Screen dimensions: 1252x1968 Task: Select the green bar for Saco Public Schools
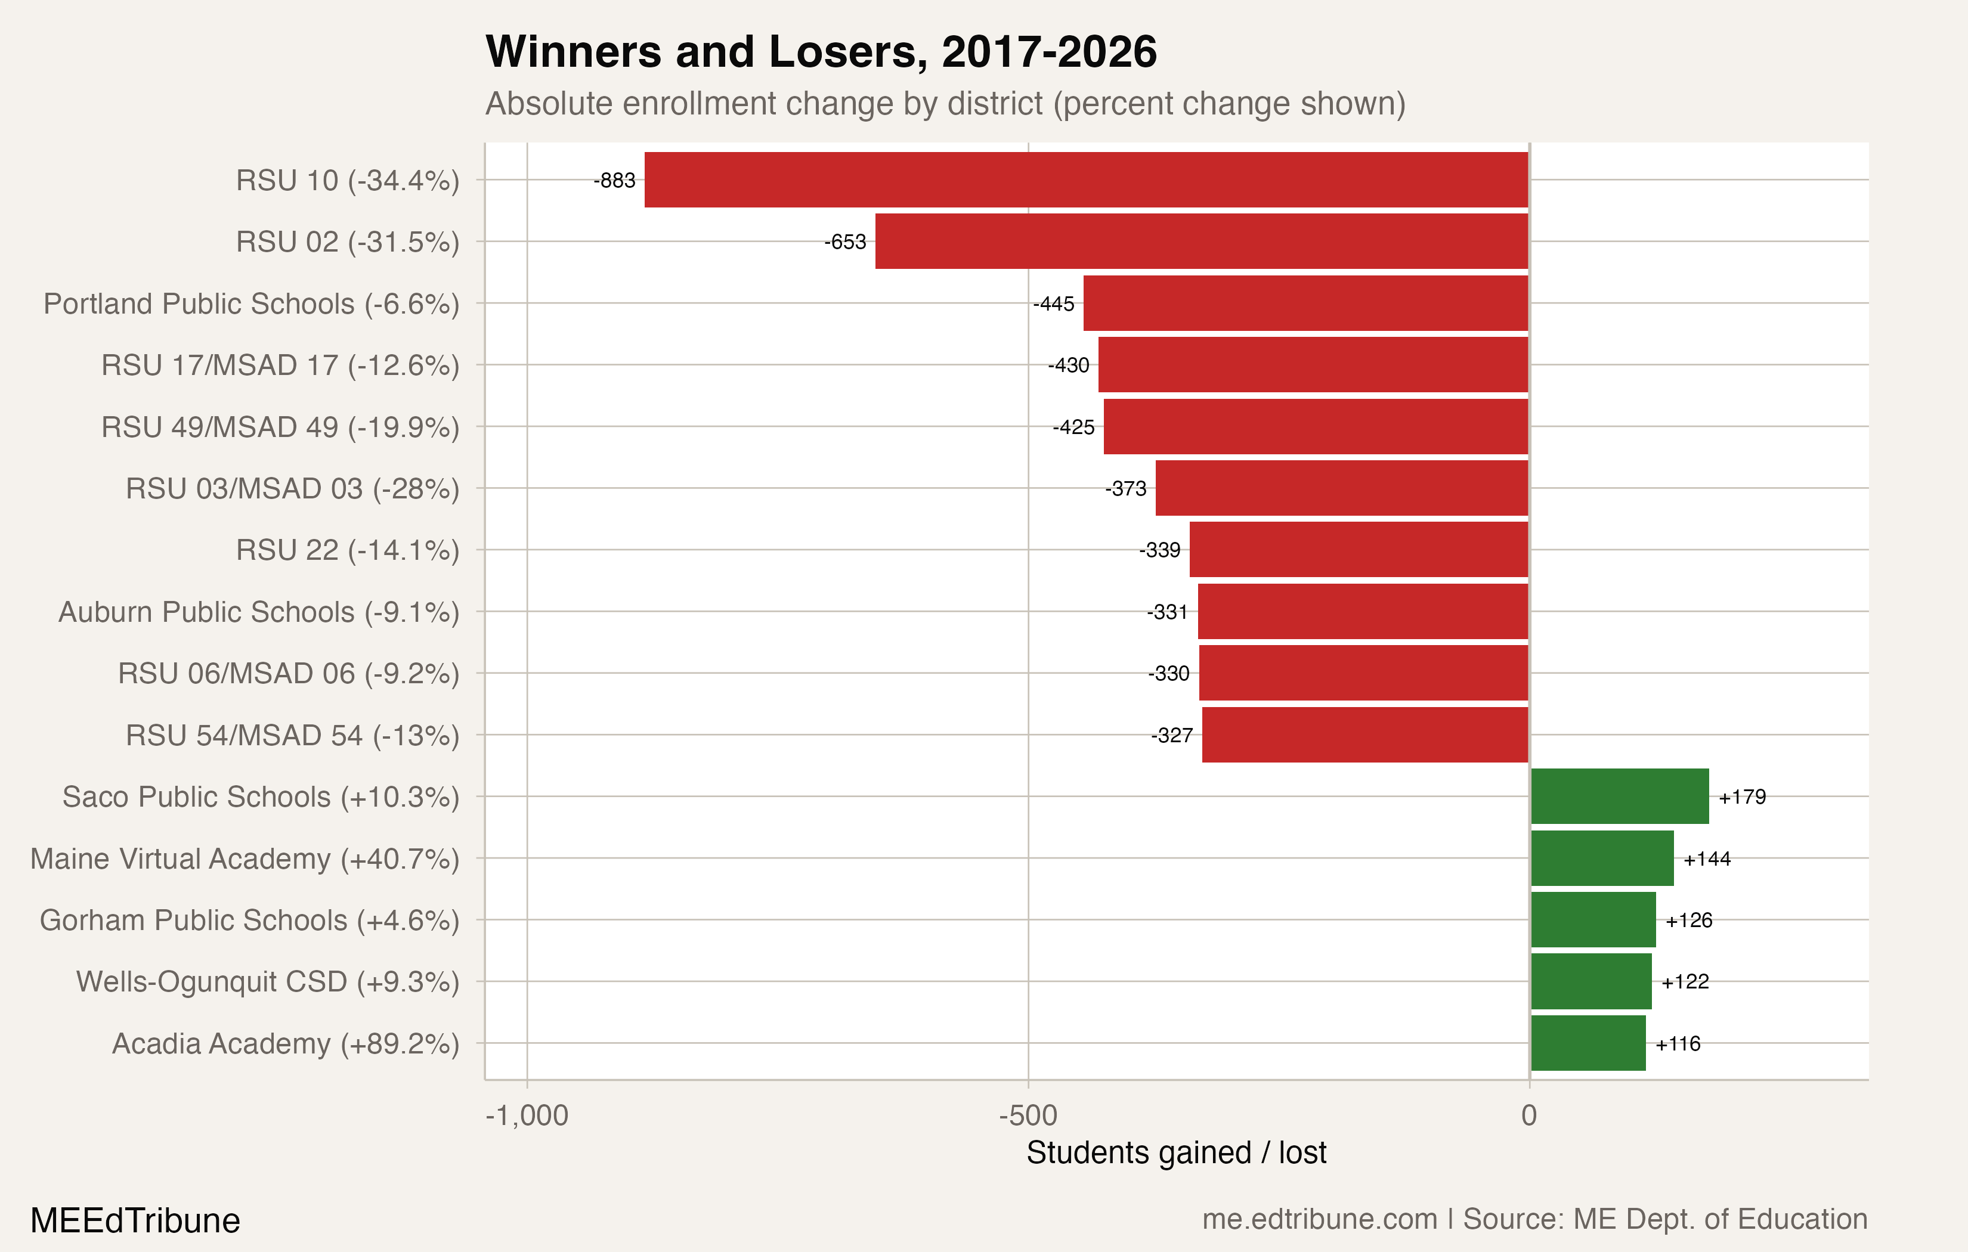(1619, 796)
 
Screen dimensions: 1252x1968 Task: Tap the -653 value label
(844, 242)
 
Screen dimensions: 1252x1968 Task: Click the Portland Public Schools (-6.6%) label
(252, 304)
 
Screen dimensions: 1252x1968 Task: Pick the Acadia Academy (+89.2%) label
(285, 1043)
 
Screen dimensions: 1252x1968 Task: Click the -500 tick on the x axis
(1028, 1115)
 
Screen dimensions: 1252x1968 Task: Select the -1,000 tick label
(527, 1115)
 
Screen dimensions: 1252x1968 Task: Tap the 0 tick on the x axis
(1528, 1115)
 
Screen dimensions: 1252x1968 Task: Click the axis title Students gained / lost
(1176, 1152)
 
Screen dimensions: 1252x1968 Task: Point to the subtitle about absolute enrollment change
(945, 104)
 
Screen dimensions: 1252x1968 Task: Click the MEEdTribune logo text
(135, 1220)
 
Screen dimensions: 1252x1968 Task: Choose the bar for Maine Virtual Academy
(1602, 858)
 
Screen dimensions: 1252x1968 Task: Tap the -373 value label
(1125, 489)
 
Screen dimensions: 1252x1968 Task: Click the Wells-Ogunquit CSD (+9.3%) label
(267, 981)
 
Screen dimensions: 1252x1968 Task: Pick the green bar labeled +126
(1593, 919)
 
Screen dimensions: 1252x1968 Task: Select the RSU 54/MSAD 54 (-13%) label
(292, 736)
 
